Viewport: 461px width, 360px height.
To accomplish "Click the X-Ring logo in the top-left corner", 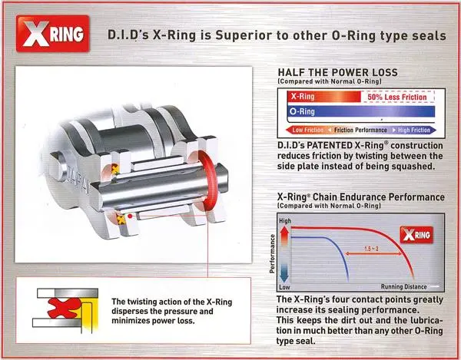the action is pyautogui.click(x=52, y=34).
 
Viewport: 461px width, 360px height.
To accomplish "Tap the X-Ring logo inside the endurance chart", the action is pyautogui.click(x=416, y=235).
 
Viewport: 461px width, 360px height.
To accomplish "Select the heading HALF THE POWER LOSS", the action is pyautogui.click(x=337, y=72).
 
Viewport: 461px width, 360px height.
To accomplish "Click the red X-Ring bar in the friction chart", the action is pyautogui.click(x=324, y=97).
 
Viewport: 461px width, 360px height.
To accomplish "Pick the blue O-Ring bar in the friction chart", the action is pyautogui.click(x=361, y=111).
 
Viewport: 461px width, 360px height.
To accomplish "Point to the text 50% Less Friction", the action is pyautogui.click(x=397, y=97).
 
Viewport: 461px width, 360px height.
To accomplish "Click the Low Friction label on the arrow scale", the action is pyautogui.click(x=308, y=130).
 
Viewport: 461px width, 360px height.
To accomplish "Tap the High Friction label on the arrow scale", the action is pyautogui.click(x=414, y=130).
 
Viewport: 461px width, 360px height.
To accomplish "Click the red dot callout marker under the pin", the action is pyautogui.click(x=130, y=216).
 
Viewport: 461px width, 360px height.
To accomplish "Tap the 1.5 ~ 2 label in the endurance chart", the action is pyautogui.click(x=371, y=249).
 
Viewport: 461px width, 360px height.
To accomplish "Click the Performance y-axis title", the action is pyautogui.click(x=272, y=254).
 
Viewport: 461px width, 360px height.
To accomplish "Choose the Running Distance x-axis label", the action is pyautogui.click(x=403, y=286).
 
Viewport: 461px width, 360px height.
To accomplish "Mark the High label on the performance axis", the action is pyautogui.click(x=285, y=221).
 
